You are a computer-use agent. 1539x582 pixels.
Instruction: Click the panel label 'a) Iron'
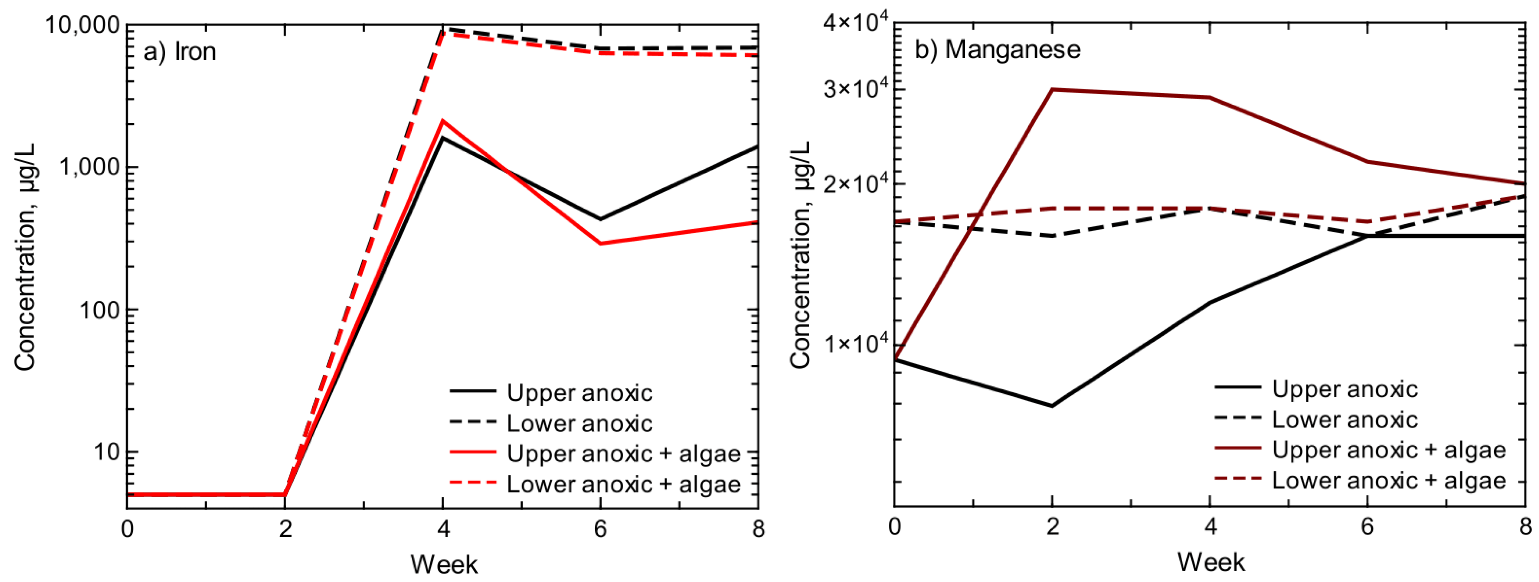point(179,52)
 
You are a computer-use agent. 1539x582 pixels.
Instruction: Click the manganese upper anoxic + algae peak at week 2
point(1052,89)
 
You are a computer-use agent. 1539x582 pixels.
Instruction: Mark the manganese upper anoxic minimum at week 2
point(1052,406)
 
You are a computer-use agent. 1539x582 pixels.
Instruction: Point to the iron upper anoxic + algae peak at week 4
point(443,121)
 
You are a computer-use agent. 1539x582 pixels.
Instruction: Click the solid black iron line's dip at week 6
point(601,219)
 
